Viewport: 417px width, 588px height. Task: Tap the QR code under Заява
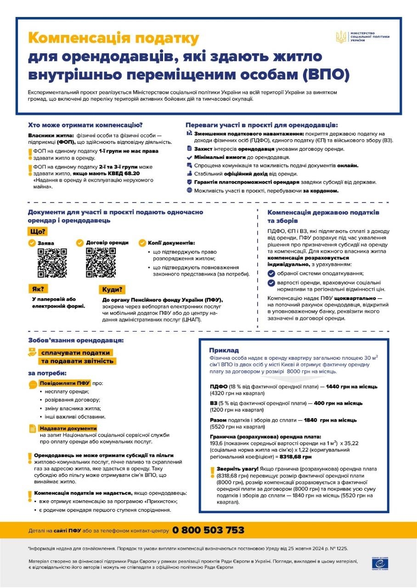click(x=52, y=263)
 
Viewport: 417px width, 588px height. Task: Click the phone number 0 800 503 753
click(x=208, y=530)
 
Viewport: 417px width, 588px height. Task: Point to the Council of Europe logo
click(x=376, y=564)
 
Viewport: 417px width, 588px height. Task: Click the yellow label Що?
click(x=37, y=232)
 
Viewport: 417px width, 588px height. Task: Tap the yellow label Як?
click(x=38, y=289)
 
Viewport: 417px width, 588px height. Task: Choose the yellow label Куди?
click(x=112, y=289)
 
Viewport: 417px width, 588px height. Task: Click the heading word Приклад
click(x=224, y=350)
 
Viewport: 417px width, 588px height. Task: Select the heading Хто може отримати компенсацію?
click(x=85, y=124)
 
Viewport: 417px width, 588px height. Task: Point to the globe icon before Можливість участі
click(x=189, y=190)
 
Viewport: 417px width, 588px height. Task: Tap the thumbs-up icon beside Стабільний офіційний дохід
click(x=189, y=174)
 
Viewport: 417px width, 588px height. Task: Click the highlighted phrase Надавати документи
click(x=68, y=428)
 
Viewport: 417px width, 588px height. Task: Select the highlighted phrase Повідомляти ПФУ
click(x=65, y=383)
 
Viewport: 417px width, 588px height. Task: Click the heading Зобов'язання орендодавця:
click(x=76, y=340)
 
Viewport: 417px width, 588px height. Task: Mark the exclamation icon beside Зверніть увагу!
click(x=212, y=471)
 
